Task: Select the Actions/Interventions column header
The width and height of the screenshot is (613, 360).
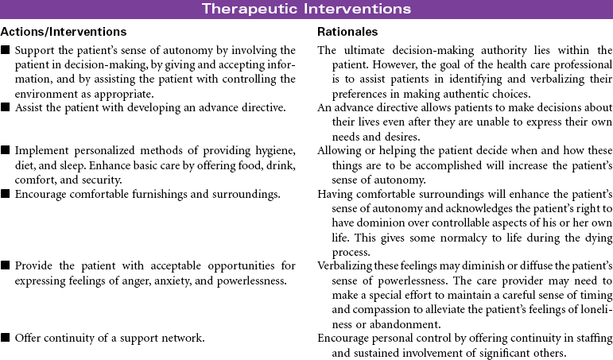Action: (64, 32)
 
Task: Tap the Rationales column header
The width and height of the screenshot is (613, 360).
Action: (347, 32)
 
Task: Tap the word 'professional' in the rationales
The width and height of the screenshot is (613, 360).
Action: (570, 64)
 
